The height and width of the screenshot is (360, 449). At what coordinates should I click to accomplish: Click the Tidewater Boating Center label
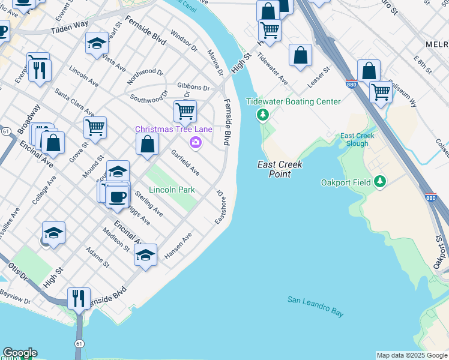click(x=294, y=101)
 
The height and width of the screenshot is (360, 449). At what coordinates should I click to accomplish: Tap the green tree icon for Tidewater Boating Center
click(x=262, y=114)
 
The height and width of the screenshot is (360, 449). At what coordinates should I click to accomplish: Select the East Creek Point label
click(x=280, y=169)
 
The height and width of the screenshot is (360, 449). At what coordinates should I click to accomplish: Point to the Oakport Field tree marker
click(x=379, y=181)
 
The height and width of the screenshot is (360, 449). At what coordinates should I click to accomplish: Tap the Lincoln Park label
click(x=172, y=190)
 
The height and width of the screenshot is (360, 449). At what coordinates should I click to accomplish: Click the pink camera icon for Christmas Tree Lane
click(x=195, y=142)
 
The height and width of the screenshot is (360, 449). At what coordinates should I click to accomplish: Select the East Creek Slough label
click(x=358, y=140)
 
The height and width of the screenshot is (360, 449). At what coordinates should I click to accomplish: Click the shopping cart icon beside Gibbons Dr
click(x=185, y=110)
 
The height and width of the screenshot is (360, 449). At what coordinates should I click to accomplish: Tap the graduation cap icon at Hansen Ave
click(x=145, y=254)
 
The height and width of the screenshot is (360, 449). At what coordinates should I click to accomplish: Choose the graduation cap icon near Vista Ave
click(x=96, y=43)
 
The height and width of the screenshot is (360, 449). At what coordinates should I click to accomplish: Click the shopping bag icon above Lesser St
click(x=300, y=55)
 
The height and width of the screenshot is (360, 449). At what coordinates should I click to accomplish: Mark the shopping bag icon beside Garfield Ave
click(x=147, y=144)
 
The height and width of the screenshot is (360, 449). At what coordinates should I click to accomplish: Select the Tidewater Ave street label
click(x=272, y=68)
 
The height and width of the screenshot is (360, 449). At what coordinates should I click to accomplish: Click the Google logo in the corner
click(x=19, y=353)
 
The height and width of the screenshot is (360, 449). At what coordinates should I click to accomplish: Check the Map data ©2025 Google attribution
click(x=412, y=355)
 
